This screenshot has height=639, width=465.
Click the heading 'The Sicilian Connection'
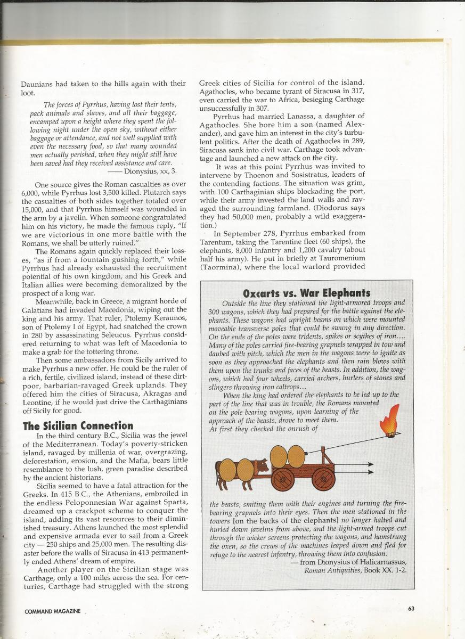[x=78, y=425]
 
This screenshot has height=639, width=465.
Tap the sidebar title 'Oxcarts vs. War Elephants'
[x=306, y=293]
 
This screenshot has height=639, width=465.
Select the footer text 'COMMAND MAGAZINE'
[x=52, y=611]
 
